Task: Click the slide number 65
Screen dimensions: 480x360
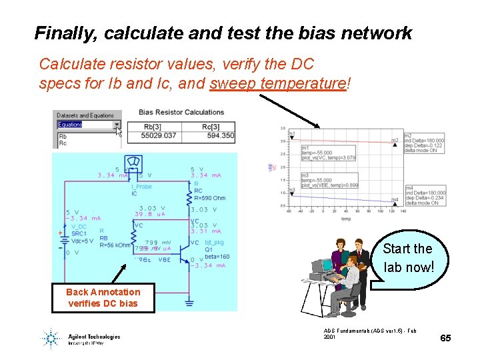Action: click(445, 338)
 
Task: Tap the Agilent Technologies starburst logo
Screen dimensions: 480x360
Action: click(51, 338)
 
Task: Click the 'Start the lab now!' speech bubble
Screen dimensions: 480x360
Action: click(408, 258)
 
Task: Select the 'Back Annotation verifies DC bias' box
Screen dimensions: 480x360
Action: click(103, 297)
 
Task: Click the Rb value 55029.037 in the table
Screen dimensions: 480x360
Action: click(159, 135)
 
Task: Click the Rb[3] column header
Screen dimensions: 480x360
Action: click(152, 126)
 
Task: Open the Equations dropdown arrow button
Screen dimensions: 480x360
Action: click(117, 124)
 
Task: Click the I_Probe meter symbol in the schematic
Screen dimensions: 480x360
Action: click(132, 163)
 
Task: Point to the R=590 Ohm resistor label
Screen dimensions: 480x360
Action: click(209, 198)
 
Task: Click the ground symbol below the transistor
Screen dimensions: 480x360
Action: click(189, 302)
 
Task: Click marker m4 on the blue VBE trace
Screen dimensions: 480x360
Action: click(395, 199)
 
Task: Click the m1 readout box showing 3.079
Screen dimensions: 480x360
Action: click(320, 153)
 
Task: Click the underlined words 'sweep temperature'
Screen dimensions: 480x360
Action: click(278, 84)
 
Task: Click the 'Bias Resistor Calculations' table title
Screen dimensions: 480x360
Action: click(181, 112)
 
